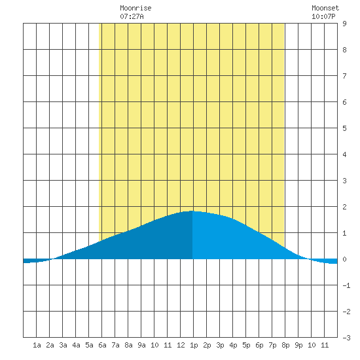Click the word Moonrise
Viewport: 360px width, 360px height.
(135, 8)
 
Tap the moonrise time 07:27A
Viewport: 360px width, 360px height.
(132, 16)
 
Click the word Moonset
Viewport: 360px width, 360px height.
(325, 8)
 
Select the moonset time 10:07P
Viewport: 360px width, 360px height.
(323, 16)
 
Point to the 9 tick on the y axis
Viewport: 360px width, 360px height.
(344, 24)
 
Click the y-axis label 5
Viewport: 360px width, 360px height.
(344, 128)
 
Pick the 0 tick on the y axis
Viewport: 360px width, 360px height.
(344, 259)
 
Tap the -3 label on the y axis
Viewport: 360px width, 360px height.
(346, 338)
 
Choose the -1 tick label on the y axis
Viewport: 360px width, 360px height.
(346, 285)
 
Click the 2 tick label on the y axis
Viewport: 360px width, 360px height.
(344, 207)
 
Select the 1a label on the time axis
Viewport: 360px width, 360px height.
(37, 345)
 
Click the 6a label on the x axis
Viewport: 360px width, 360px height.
(102, 345)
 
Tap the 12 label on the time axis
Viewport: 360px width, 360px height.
(181, 345)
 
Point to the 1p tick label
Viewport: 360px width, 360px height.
(194, 346)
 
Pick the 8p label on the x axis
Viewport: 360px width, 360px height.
(285, 346)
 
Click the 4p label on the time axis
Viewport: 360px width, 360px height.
(233, 346)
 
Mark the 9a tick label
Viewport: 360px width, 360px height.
(141, 345)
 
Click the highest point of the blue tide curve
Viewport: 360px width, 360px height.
(192, 211)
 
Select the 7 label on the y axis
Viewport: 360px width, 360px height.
(344, 76)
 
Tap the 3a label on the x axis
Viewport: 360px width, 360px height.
(63, 345)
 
